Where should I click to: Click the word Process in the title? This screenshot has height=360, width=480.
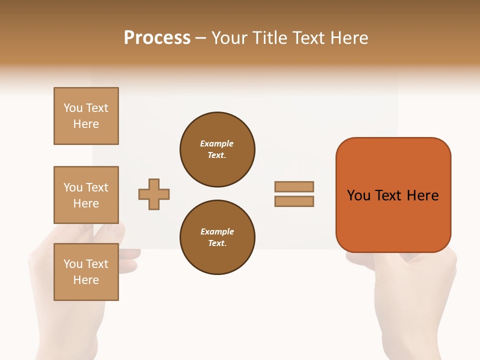point(157,38)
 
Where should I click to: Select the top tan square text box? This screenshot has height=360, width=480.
point(86,116)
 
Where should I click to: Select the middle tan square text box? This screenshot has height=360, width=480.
point(86,195)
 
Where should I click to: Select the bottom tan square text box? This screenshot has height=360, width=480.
point(86,272)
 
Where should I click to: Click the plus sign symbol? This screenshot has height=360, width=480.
point(154,194)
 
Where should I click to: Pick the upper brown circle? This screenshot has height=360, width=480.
point(217,149)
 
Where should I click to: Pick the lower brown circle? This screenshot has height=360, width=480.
point(217,237)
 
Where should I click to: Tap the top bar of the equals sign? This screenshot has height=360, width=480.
point(294,186)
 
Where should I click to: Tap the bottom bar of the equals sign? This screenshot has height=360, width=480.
point(294,201)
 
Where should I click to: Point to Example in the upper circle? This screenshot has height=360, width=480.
point(217,143)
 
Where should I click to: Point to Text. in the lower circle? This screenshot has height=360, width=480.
point(217,243)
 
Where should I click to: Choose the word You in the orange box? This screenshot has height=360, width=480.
point(358,195)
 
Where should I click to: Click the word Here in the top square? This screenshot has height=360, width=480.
point(86,124)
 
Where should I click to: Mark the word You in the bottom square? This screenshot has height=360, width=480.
point(73,264)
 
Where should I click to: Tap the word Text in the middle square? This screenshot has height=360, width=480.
point(97,187)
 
